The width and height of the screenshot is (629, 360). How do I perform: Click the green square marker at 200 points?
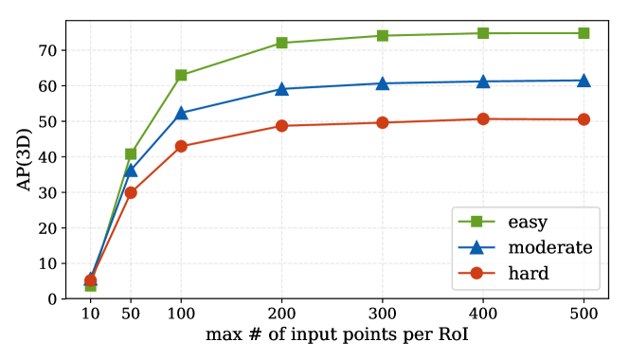pyautogui.click(x=281, y=43)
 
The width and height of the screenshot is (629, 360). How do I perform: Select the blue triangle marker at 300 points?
pyautogui.click(x=382, y=83)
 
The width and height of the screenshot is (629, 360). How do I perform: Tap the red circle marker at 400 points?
pyautogui.click(x=483, y=119)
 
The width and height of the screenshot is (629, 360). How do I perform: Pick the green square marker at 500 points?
pyautogui.click(x=584, y=33)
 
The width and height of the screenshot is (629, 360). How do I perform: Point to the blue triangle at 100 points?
pyautogui.click(x=181, y=113)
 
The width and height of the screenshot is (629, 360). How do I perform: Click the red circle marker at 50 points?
pyautogui.click(x=131, y=192)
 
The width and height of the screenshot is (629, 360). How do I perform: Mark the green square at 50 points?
pyautogui.click(x=131, y=153)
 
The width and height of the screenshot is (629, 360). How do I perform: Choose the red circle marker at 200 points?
pyautogui.click(x=281, y=126)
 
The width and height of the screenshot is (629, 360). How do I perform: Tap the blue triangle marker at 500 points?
pyautogui.click(x=584, y=81)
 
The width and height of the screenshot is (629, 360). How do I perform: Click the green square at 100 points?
pyautogui.click(x=181, y=75)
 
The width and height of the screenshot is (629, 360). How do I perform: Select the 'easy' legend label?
pyautogui.click(x=529, y=222)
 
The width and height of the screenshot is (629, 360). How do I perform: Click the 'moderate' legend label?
pyautogui.click(x=549, y=247)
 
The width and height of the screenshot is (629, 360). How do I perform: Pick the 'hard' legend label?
pyautogui.click(x=529, y=273)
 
